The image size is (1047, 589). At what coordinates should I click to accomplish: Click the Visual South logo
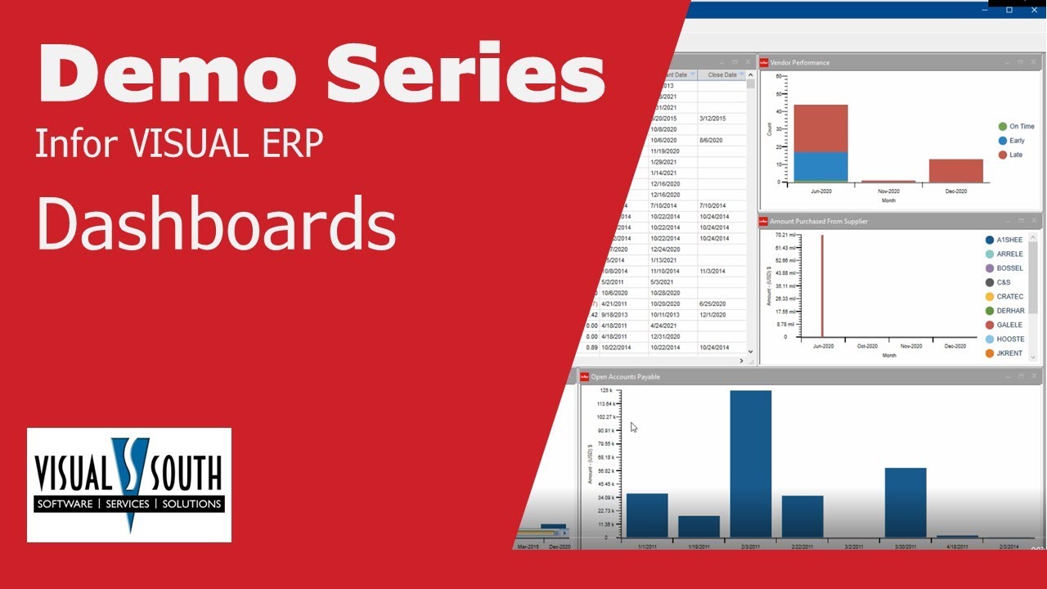click(x=129, y=484)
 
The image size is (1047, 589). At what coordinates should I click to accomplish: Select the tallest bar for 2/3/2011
click(x=750, y=463)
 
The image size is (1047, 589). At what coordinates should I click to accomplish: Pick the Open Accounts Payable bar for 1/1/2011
click(x=647, y=515)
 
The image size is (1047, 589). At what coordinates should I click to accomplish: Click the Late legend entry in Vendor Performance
click(x=1016, y=155)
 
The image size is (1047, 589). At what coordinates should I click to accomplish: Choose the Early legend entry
click(x=1016, y=141)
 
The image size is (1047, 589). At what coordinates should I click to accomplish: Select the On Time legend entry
click(x=1021, y=127)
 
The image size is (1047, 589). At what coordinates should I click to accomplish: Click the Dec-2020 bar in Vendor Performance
click(x=955, y=170)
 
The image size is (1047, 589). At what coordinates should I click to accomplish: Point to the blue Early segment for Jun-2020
click(x=820, y=165)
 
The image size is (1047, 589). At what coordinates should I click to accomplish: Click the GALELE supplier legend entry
click(x=1009, y=325)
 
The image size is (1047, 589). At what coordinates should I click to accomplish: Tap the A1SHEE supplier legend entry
click(x=1009, y=240)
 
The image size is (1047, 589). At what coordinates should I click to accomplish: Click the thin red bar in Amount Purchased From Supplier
click(x=822, y=286)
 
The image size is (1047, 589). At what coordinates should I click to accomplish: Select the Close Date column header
click(x=721, y=75)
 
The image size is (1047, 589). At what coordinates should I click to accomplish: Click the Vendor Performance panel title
click(x=799, y=62)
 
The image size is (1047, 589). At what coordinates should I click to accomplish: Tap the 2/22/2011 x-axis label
click(x=802, y=546)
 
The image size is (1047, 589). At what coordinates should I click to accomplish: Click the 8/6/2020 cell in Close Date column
click(x=712, y=140)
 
